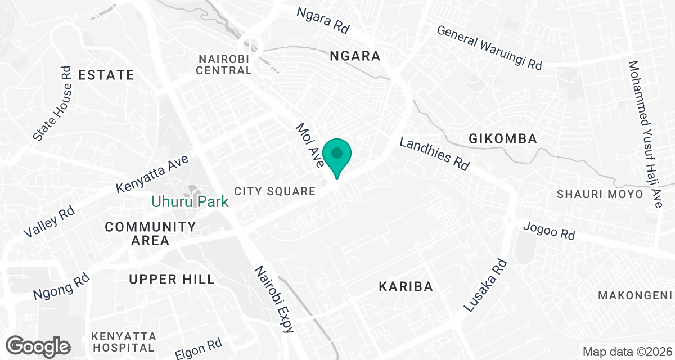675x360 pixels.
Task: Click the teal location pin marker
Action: coord(337,156)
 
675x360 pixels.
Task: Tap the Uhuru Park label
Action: coord(190,201)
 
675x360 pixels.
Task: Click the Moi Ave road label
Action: coord(310,146)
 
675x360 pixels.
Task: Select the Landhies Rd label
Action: coord(434,154)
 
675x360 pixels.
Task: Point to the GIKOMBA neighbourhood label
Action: coord(503,138)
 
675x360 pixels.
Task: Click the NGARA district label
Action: coord(355,56)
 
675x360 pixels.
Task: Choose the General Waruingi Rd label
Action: coord(489,48)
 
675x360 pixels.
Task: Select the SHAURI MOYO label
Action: coord(600,194)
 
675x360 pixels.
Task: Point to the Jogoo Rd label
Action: coord(549,231)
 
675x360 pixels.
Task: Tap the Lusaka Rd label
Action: coord(485,286)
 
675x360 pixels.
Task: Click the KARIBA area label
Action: coord(406,287)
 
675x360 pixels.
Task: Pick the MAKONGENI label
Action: coord(636,295)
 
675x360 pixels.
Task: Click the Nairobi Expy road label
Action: coord(274,299)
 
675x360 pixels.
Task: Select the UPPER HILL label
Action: coord(172,279)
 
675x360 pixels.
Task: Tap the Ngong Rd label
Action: coord(61,286)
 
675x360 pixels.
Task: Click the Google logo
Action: coord(38,345)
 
